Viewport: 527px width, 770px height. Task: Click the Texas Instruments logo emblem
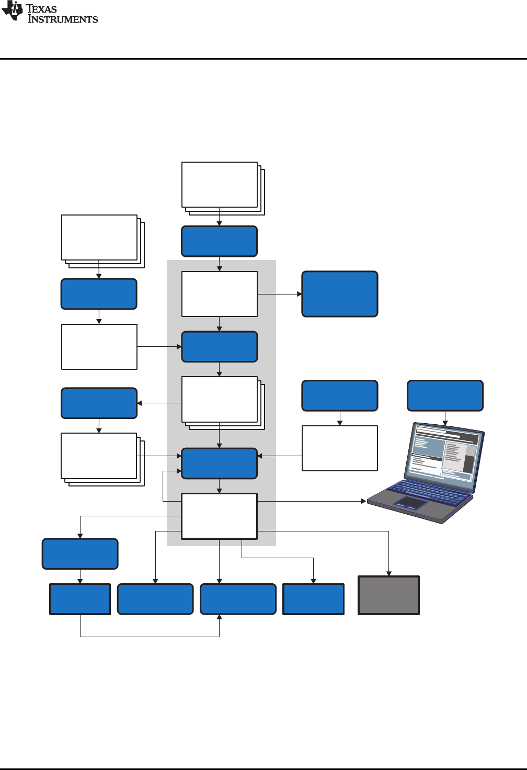[13, 12]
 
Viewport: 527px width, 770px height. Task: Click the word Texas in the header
[41, 9]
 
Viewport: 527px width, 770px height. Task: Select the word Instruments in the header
[63, 19]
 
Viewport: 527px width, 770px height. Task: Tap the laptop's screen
[444, 452]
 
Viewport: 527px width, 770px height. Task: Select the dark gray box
[388, 595]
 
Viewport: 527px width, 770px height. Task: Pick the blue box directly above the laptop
[445, 395]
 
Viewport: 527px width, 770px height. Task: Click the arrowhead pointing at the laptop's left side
[363, 501]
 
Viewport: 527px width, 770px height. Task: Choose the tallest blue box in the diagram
[340, 294]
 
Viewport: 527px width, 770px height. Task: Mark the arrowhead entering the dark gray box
[388, 573]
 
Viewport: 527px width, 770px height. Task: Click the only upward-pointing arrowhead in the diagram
[220, 618]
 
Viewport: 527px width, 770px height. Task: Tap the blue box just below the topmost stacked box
[220, 241]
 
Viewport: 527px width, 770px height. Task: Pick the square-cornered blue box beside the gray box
[314, 599]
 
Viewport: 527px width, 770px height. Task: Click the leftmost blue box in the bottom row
[80, 599]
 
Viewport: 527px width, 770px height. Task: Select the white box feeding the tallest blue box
[220, 294]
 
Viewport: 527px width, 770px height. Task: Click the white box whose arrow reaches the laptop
[220, 516]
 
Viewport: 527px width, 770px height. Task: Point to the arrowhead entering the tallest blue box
[300, 294]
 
